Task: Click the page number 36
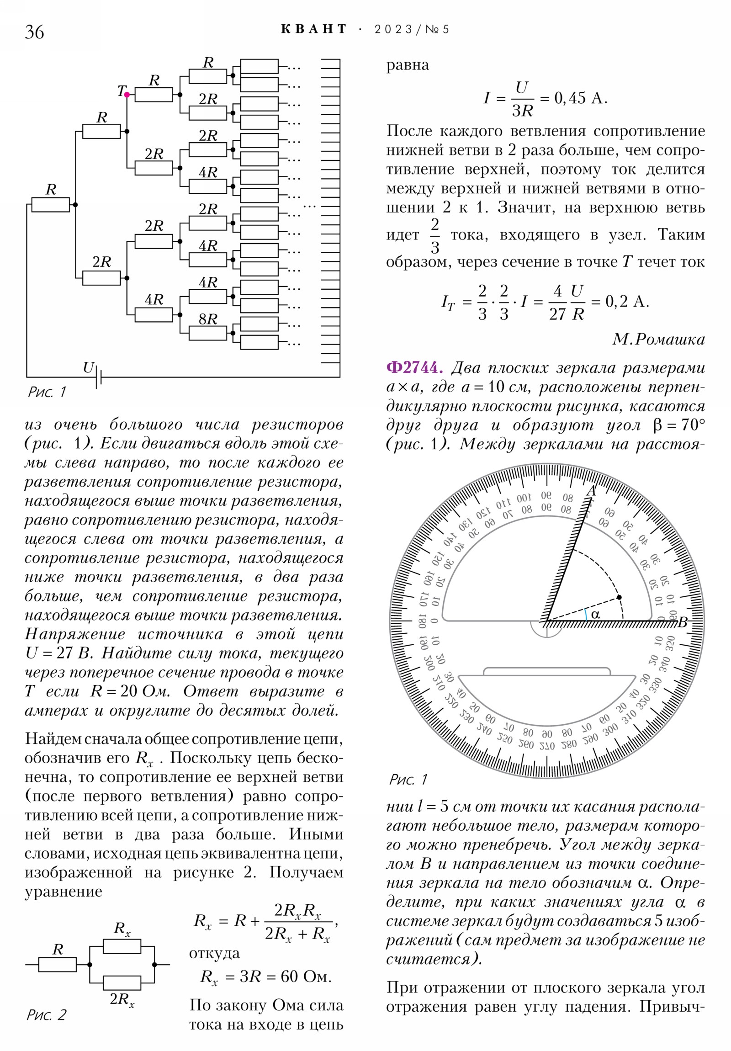pyautogui.click(x=34, y=32)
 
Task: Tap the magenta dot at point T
pyautogui.click(x=127, y=95)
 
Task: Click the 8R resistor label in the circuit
pyautogui.click(x=208, y=319)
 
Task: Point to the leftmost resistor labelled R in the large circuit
pyautogui.click(x=50, y=205)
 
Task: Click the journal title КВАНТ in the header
pyautogui.click(x=314, y=29)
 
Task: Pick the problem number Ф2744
pyautogui.click(x=415, y=367)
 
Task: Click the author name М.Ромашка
pyautogui.click(x=658, y=340)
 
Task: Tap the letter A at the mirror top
pyautogui.click(x=591, y=491)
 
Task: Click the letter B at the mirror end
pyautogui.click(x=683, y=622)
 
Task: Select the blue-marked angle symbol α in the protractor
pyautogui.click(x=595, y=614)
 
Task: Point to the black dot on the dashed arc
pyautogui.click(x=619, y=597)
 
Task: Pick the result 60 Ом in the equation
pyautogui.click(x=306, y=977)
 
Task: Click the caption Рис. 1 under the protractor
pyautogui.click(x=408, y=779)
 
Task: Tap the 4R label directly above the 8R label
pyautogui.click(x=208, y=282)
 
